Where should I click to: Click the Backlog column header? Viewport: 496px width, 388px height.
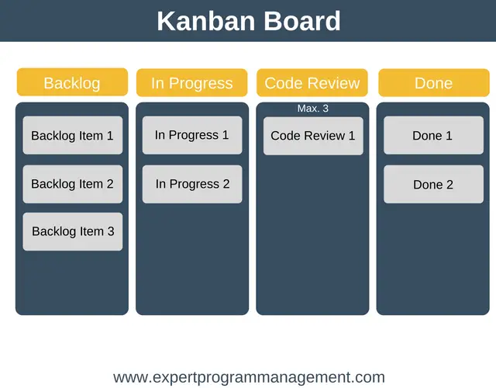[x=72, y=82]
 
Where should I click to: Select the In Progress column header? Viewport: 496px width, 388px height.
[x=191, y=83]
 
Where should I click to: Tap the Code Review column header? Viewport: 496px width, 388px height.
[x=312, y=83]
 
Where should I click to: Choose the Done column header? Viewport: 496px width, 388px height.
[x=434, y=83]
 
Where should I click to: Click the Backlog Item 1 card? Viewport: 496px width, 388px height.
[x=72, y=135]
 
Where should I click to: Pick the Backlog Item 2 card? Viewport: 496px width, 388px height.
[x=72, y=184]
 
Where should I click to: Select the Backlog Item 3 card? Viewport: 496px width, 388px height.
[x=72, y=231]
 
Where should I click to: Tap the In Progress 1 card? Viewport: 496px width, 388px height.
[x=192, y=135]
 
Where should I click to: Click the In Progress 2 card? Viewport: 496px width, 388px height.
[x=192, y=184]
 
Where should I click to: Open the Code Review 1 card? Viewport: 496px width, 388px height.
[x=313, y=136]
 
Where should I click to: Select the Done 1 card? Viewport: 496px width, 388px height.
[x=433, y=135]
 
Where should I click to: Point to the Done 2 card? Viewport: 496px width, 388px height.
[x=433, y=184]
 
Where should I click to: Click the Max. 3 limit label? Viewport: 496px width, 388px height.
[x=313, y=109]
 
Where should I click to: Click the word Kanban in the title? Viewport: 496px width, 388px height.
[x=206, y=21]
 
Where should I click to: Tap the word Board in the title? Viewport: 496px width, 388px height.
[x=302, y=21]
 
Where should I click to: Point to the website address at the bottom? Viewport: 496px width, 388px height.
[x=249, y=377]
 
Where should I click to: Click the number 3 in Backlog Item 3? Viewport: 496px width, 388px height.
[x=111, y=231]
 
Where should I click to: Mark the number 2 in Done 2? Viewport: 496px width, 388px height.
[x=449, y=185]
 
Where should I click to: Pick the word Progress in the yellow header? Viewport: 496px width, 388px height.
[x=201, y=84]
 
